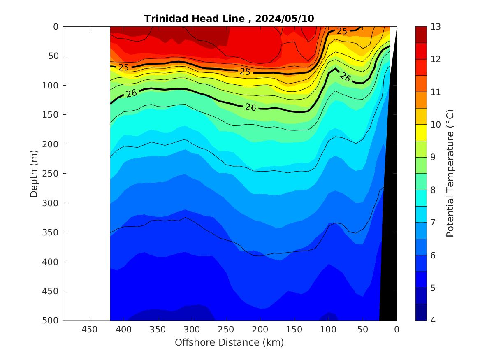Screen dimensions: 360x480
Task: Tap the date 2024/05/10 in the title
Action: coord(285,19)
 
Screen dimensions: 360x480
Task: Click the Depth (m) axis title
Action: coord(35,173)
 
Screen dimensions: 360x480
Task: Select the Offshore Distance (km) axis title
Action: coord(229,342)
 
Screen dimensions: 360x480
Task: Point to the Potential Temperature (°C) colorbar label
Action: coord(450,173)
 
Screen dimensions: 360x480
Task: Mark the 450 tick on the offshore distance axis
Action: coord(89,330)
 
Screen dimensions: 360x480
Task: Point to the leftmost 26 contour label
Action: coord(132,93)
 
